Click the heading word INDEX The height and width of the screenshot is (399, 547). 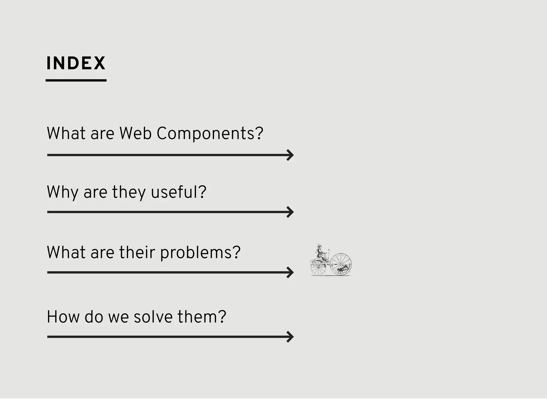coord(76,63)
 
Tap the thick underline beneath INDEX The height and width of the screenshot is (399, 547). coord(76,80)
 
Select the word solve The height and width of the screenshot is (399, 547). coord(153,317)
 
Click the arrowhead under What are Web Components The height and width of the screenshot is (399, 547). coord(290,155)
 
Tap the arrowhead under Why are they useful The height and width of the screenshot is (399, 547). coord(290,212)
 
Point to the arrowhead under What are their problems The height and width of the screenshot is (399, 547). coord(290,272)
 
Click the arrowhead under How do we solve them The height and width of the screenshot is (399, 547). coord(290,337)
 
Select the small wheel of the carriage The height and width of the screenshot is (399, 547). coord(318,268)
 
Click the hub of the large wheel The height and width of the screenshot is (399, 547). coord(341,264)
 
